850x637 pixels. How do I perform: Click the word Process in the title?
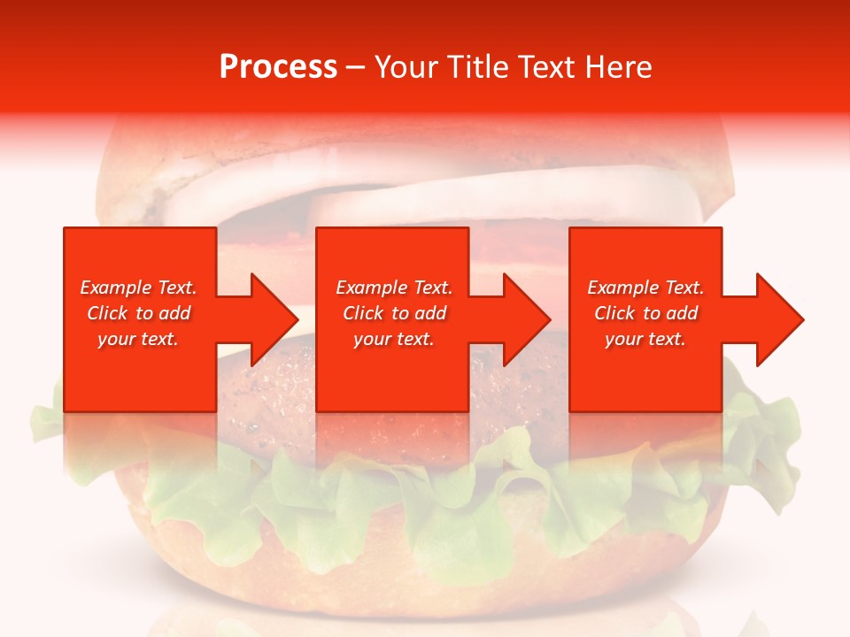click(x=278, y=67)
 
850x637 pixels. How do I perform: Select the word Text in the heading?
click(x=546, y=67)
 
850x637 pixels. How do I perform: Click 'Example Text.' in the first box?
click(x=138, y=288)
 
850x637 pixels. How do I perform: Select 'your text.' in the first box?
click(x=138, y=339)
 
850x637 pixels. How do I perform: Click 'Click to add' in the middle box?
click(x=394, y=313)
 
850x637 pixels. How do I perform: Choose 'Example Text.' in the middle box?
click(x=394, y=288)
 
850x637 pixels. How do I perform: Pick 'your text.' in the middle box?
click(x=394, y=339)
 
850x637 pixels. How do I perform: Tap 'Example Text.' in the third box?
click(x=645, y=288)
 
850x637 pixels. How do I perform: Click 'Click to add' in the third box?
click(x=645, y=313)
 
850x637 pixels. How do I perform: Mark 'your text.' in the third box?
click(x=645, y=339)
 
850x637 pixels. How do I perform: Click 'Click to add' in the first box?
click(x=138, y=313)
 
